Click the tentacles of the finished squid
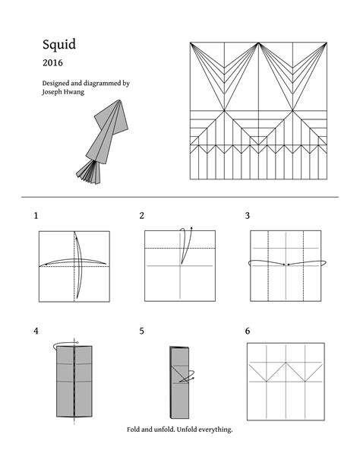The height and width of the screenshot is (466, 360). click(90, 172)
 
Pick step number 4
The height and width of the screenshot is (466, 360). click(36, 331)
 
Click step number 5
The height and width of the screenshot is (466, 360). click(141, 331)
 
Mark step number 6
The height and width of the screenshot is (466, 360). click(248, 331)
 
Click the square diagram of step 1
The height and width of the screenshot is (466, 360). click(74, 266)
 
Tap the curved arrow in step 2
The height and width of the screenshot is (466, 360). click(185, 243)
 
